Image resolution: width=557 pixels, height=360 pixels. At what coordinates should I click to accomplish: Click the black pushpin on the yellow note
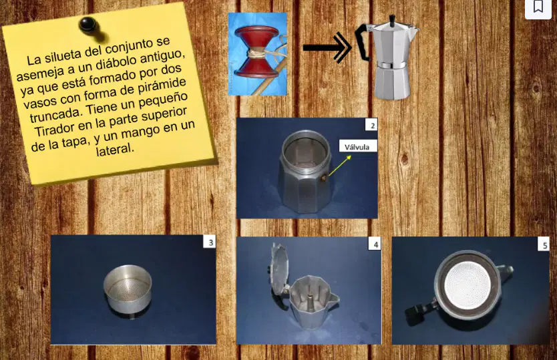(x=87, y=25)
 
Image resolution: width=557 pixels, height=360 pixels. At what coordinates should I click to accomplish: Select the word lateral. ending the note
(x=115, y=149)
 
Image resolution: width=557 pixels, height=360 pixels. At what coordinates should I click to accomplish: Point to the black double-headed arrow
(x=327, y=47)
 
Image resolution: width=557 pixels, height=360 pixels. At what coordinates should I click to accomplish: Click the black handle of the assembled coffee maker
(x=363, y=41)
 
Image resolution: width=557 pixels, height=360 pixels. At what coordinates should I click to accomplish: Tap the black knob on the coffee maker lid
(x=392, y=21)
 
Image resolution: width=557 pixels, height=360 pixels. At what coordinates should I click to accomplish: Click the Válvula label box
(x=357, y=147)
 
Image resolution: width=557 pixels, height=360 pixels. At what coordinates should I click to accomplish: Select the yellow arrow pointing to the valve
(x=340, y=165)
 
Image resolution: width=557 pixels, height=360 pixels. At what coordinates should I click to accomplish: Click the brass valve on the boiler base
(x=324, y=177)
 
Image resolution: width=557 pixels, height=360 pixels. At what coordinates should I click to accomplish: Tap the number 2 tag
(x=371, y=125)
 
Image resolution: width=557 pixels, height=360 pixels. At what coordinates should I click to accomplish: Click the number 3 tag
(x=210, y=242)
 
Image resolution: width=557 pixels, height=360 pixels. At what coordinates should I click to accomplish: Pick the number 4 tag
(x=375, y=244)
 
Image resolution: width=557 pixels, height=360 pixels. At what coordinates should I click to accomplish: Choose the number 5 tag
(x=544, y=245)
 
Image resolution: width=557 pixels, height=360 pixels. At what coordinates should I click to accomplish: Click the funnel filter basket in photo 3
(x=128, y=291)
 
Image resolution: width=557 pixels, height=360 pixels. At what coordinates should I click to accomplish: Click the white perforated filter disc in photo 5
(x=467, y=285)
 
